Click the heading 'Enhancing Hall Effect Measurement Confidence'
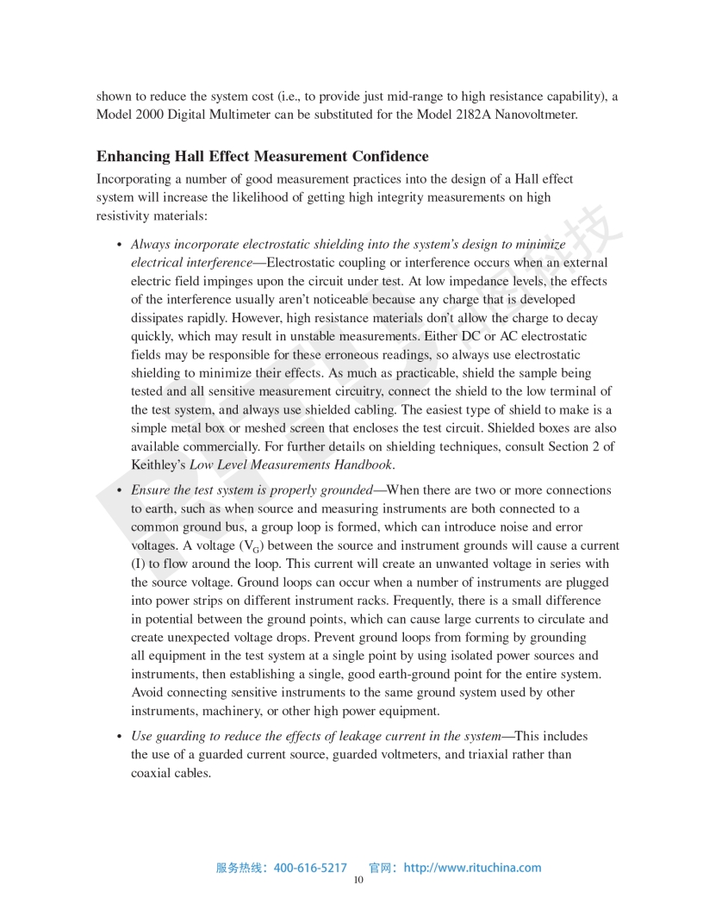pyautogui.click(x=262, y=156)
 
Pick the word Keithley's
pyautogui.click(x=158, y=465)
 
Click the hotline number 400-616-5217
pyautogui.click(x=310, y=868)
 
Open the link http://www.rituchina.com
pyautogui.click(x=472, y=868)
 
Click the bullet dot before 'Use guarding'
pyautogui.click(x=119, y=737)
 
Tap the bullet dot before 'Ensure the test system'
pyautogui.click(x=119, y=490)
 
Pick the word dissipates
pyautogui.click(x=160, y=316)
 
